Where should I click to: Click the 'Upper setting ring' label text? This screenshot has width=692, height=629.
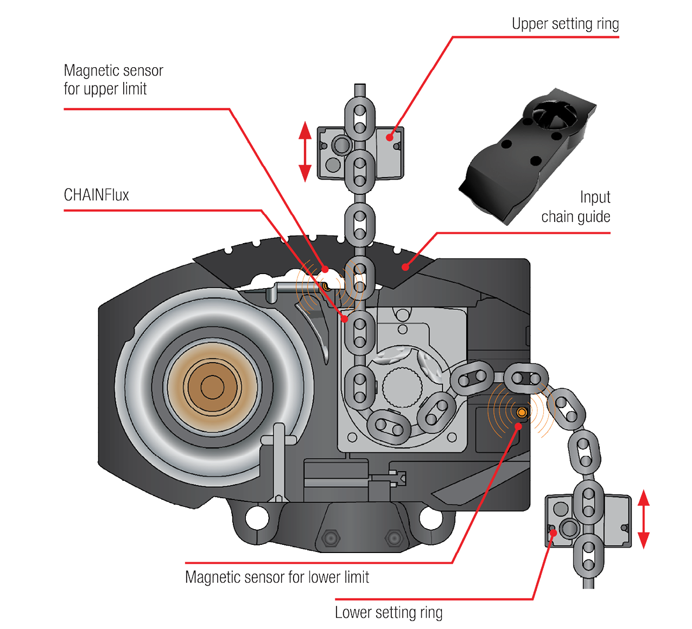[565, 24]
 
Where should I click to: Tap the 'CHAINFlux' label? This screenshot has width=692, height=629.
[96, 195]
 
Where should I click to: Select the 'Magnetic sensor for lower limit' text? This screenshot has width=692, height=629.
[277, 577]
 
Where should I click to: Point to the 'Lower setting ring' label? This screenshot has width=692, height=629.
[389, 612]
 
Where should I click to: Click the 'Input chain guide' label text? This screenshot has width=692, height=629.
[576, 207]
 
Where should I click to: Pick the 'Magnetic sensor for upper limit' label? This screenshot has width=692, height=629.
[113, 80]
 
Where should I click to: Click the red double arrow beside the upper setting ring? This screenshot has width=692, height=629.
[305, 151]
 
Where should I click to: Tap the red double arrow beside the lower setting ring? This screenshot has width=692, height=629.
[644, 519]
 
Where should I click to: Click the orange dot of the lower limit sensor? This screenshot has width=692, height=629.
[522, 413]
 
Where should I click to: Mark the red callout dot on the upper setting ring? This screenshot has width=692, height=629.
[389, 137]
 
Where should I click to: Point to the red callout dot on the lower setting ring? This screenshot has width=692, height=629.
[553, 532]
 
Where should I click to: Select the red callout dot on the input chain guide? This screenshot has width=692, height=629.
[405, 266]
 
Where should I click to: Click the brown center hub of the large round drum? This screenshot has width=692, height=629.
[212, 387]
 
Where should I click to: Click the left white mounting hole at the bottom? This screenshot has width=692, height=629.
[257, 517]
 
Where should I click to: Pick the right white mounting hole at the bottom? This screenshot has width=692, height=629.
[431, 517]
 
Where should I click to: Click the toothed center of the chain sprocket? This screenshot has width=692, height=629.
[402, 387]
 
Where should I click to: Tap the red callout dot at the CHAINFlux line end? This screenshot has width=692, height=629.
[345, 319]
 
